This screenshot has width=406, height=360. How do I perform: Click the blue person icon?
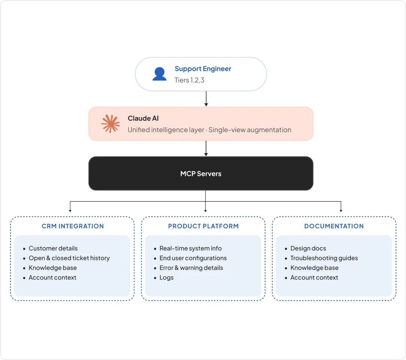coord(160,74)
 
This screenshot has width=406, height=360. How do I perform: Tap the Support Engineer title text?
coord(203,69)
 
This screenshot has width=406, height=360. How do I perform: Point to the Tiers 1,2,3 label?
coord(189,80)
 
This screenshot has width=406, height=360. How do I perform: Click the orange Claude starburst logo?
coord(110,123)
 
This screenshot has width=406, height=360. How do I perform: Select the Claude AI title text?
coord(143,119)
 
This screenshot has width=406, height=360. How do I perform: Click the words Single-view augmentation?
coord(250,130)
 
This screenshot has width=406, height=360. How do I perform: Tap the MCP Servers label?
coord(201,174)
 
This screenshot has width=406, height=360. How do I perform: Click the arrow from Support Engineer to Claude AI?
coord(206,99)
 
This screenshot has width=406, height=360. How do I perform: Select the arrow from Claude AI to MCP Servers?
coord(206,149)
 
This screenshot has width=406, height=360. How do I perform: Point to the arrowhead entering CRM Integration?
coord(70,211)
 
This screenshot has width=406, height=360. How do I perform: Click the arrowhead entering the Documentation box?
coord(341,211)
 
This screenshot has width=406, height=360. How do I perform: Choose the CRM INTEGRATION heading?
coord(73,226)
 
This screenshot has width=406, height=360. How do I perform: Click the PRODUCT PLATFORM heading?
coord(203,226)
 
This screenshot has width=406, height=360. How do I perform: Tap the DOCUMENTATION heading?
coord(334,226)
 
